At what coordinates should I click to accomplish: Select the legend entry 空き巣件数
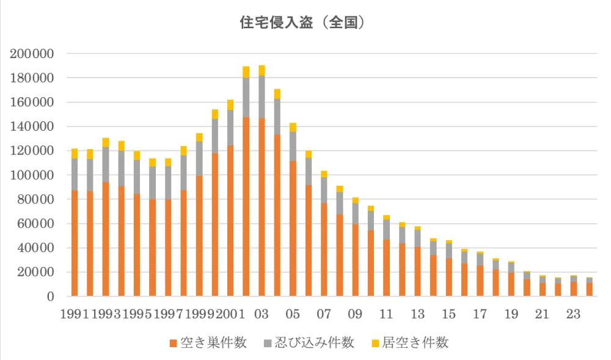pyautogui.click(x=208, y=342)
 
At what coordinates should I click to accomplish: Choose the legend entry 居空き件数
pyautogui.click(x=409, y=342)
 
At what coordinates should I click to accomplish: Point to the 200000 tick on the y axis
pyautogui.click(x=32, y=54)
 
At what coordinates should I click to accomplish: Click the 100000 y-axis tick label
pyautogui.click(x=32, y=175)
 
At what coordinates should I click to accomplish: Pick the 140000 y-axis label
pyautogui.click(x=32, y=127)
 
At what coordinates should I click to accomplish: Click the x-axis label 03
pyautogui.click(x=262, y=315)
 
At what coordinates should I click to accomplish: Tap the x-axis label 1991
pyautogui.click(x=75, y=315)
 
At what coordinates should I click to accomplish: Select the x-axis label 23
pyautogui.click(x=573, y=315)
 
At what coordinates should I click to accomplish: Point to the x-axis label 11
pyautogui.click(x=386, y=315)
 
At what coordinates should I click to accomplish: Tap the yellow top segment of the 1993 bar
pyautogui.click(x=106, y=142)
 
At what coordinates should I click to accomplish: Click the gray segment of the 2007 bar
pyautogui.click(x=324, y=190)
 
